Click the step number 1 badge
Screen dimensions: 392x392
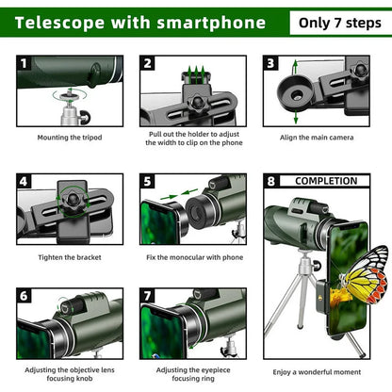point(24,64)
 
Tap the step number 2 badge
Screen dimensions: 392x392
point(148,64)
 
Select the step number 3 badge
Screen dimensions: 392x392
point(270,64)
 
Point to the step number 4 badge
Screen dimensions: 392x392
point(24,182)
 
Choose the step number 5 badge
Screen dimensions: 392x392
point(148,182)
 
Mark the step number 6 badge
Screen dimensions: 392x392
point(24,296)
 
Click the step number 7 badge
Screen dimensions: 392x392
point(148,296)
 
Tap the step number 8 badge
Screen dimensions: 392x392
point(271,181)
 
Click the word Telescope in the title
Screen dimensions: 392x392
point(57,22)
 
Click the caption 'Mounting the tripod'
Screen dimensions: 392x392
point(69,137)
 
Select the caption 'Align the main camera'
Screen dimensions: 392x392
point(321,137)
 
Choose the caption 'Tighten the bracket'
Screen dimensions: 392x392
point(69,256)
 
